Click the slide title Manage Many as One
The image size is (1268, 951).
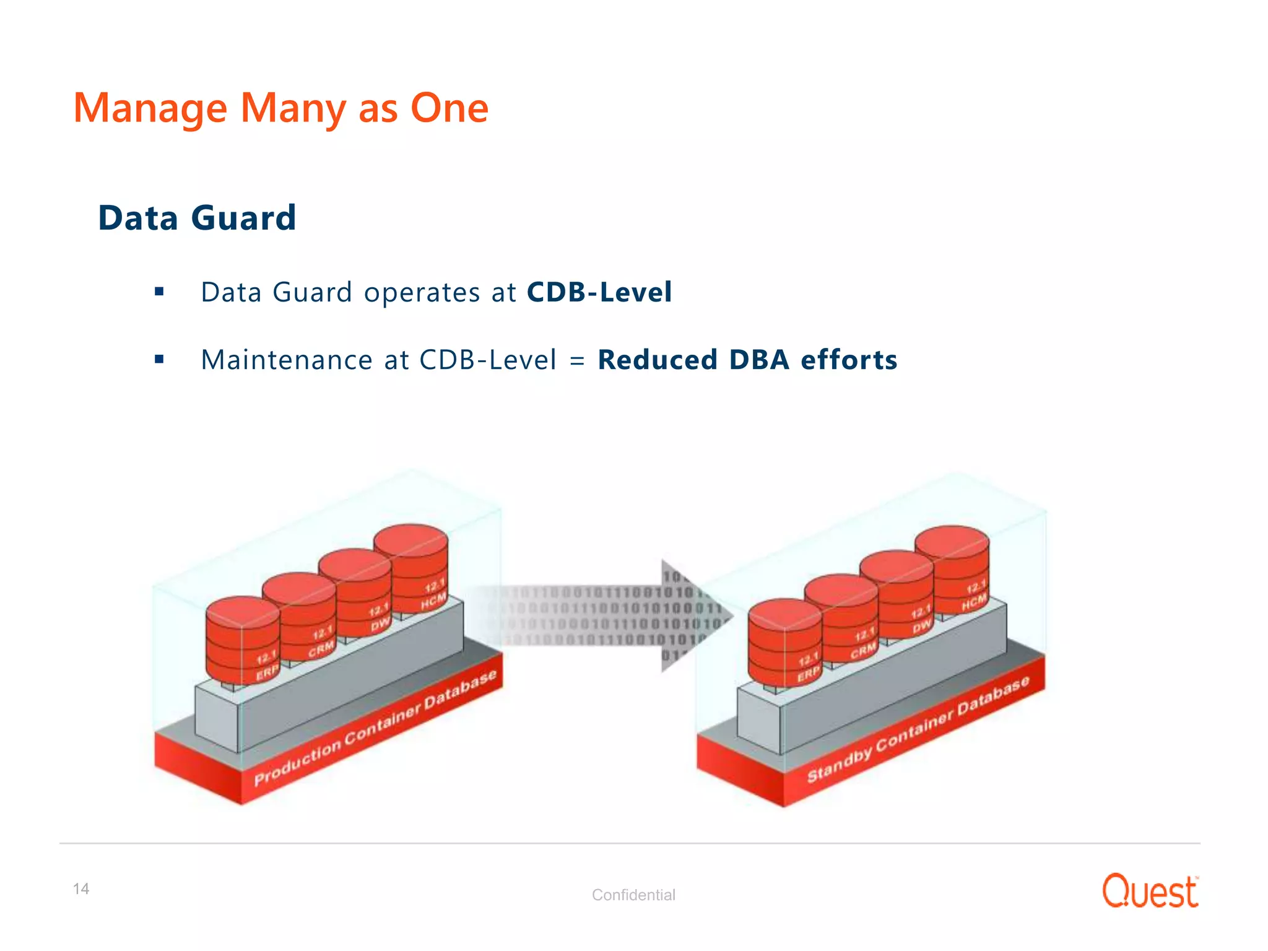(280, 108)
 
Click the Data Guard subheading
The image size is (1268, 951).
(197, 218)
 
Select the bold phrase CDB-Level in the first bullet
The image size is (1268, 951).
(599, 292)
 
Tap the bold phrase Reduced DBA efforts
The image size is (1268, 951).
(747, 360)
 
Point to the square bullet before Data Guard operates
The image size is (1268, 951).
(159, 292)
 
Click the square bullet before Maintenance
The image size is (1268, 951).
(159, 359)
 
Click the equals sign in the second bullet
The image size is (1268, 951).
(577, 360)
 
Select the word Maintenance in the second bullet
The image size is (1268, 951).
(287, 360)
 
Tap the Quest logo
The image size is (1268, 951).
(1150, 891)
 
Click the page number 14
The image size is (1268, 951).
(81, 889)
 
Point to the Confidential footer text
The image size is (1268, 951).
(633, 895)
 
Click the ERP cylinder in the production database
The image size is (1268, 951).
(243, 641)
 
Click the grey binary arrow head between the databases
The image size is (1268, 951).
(693, 616)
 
